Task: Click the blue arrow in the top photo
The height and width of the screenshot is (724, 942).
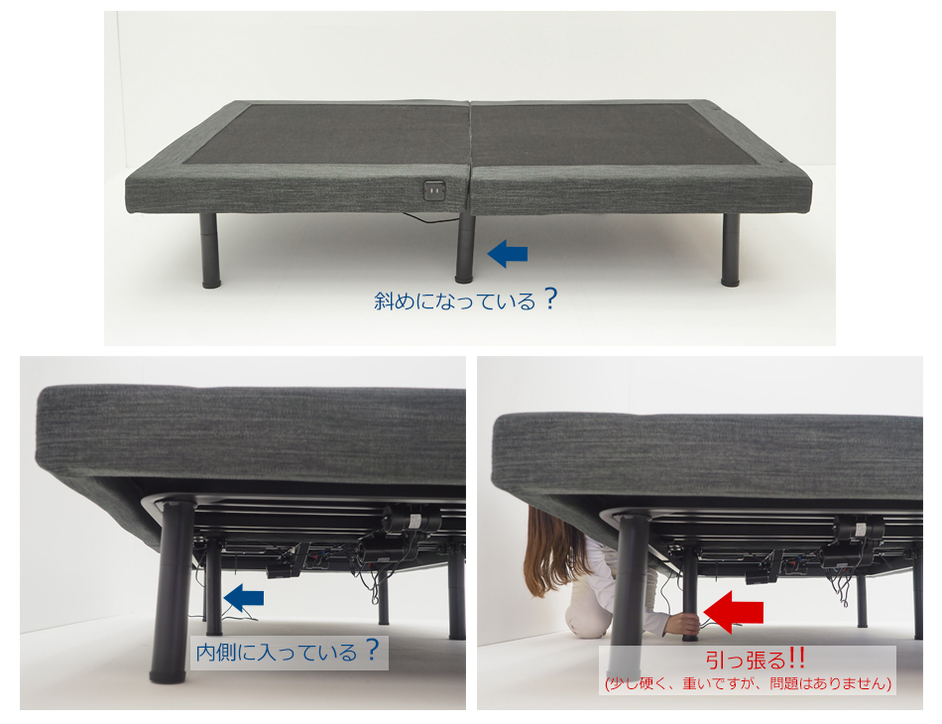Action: pos(507,254)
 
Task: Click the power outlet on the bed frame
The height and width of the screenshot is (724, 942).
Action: pos(434,190)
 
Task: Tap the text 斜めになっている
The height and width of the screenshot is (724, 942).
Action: pos(455,301)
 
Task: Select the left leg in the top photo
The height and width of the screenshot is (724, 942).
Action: pos(209,251)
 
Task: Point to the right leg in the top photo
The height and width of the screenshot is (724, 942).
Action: pos(731,249)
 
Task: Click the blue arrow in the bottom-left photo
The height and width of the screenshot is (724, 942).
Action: pos(243,598)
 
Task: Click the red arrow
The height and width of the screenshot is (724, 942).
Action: pos(733,612)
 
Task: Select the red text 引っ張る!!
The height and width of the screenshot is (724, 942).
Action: pos(756,661)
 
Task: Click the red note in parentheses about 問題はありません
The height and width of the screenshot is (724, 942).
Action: pos(748,683)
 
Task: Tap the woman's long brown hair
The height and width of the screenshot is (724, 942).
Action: pos(551,551)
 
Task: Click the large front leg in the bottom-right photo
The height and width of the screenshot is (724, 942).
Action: pos(629,595)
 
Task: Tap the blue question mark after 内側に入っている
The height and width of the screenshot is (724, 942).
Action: pos(373,650)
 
